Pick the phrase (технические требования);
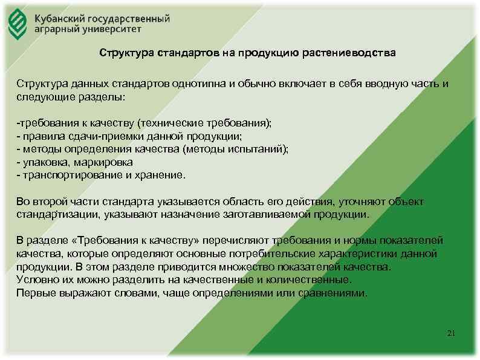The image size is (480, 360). point(205,122)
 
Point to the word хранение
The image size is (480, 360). point(162,175)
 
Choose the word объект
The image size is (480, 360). point(406,201)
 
